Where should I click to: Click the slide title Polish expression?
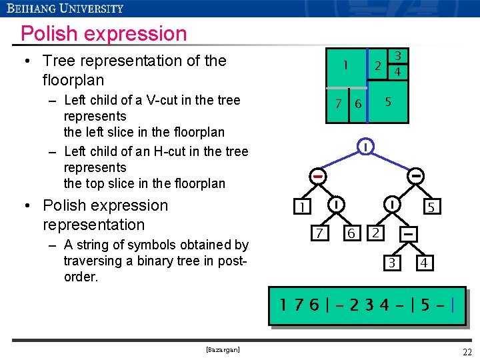tap(103, 33)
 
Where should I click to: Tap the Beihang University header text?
tap(65, 8)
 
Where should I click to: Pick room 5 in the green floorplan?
tap(388, 101)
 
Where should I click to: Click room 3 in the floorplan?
tap(397, 55)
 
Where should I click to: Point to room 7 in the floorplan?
tap(338, 105)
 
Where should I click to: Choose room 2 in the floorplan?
tap(377, 66)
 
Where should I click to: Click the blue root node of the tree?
tap(365, 146)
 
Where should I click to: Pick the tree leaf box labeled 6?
tap(351, 233)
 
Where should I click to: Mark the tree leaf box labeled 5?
tap(431, 207)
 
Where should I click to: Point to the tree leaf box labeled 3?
tap(392, 263)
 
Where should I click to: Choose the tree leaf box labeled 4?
tap(423, 263)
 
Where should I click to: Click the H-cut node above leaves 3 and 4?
tap(409, 234)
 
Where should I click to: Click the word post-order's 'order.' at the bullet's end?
tap(81, 277)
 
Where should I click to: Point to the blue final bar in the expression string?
tap(453, 307)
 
